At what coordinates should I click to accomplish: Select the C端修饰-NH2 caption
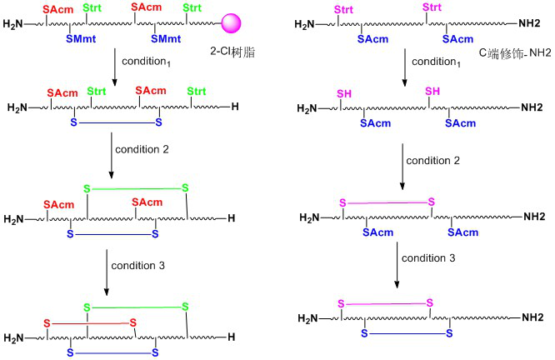coord(505,52)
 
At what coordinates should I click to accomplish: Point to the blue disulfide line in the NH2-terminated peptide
coord(407,333)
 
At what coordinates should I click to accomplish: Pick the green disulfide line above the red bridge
coord(134,307)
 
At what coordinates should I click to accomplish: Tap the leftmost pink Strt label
coord(343,9)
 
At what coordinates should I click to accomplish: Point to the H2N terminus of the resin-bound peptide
coord(14,25)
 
